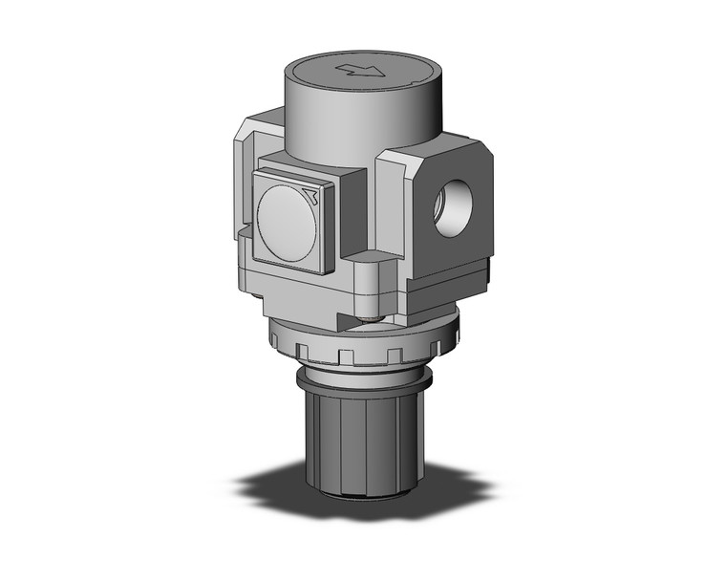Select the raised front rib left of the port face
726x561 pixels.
coord(392,210)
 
